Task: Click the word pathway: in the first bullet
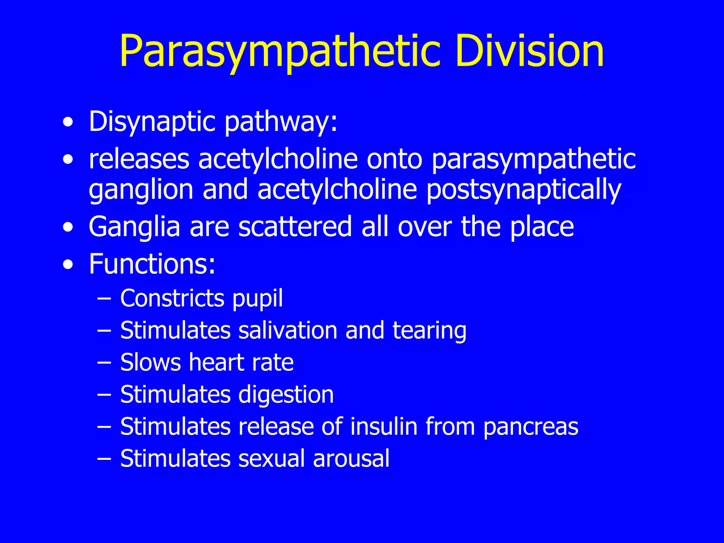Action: click(x=281, y=122)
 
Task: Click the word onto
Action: click(x=394, y=159)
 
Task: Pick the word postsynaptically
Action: click(x=524, y=190)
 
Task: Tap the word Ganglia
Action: click(x=135, y=227)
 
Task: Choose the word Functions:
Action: click(x=152, y=264)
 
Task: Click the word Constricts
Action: click(x=172, y=298)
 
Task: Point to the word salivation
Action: click(x=288, y=330)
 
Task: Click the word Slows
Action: click(x=150, y=362)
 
